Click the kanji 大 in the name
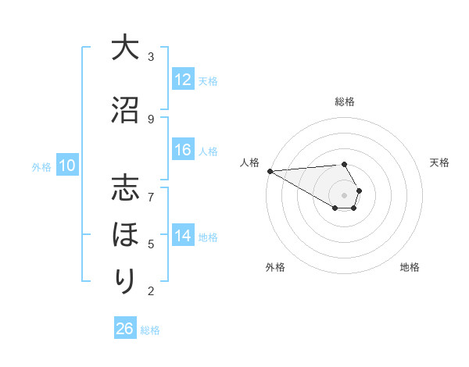coord(125,48)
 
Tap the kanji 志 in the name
coord(125,190)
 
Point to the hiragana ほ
coord(125,234)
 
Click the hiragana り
coord(125,280)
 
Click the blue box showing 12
coord(183,80)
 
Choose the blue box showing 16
coord(183,151)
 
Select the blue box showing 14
coord(183,236)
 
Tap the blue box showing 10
coord(66,166)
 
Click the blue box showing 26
coord(125,329)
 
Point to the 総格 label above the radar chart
coord(345,102)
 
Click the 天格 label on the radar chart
coord(440,162)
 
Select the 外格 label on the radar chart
coord(275,267)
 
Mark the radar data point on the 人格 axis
coord(270,171)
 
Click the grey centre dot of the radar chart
coord(345,194)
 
